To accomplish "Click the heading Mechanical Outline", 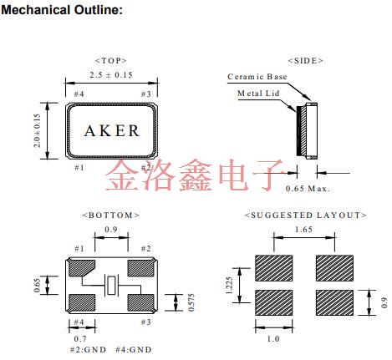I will (64, 10).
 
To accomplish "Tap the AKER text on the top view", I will (112, 131).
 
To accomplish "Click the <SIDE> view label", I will (306, 61).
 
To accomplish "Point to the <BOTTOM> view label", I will (110, 215).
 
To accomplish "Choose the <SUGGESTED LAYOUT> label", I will (305, 215).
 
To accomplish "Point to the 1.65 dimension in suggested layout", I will (304, 228).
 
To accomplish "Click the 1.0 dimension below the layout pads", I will (272, 339).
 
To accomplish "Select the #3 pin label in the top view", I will (145, 94).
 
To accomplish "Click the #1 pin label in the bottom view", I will (79, 249).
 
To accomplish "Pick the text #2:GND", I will (88, 351).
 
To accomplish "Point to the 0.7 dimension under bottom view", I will (79, 339).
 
